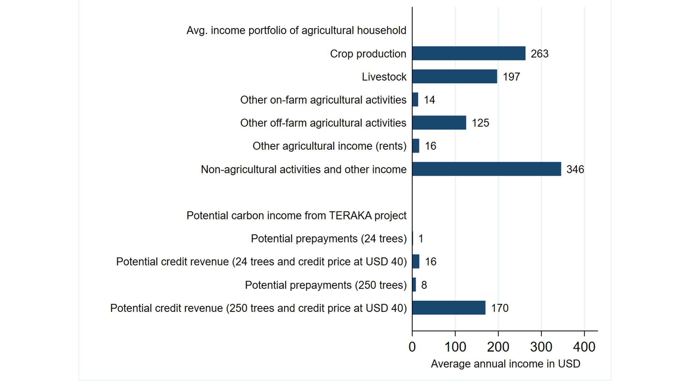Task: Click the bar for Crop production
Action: (x=469, y=53)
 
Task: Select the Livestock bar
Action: (x=455, y=76)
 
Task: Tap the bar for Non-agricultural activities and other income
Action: (x=486, y=169)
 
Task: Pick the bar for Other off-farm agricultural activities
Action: (x=439, y=123)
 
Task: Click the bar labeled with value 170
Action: (x=449, y=308)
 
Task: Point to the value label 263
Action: (x=539, y=54)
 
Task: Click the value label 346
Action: (x=575, y=169)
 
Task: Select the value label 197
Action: (x=511, y=77)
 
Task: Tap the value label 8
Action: (x=424, y=285)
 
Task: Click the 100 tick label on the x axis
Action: (x=455, y=347)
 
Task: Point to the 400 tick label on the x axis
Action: (x=584, y=347)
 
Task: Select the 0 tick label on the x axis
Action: (x=412, y=347)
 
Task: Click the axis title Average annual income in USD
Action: (x=505, y=364)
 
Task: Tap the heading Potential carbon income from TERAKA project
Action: (x=296, y=215)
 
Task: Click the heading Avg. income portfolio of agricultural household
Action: (x=296, y=30)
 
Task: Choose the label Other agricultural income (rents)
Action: (x=329, y=146)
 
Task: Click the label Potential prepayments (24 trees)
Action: (x=329, y=238)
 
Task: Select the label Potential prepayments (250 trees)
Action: (x=326, y=285)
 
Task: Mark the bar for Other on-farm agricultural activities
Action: (x=415, y=99)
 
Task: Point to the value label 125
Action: (x=480, y=123)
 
